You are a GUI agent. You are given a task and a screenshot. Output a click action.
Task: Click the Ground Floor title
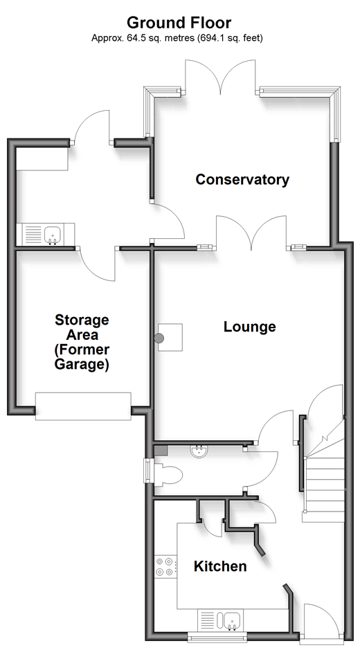pyautogui.click(x=179, y=22)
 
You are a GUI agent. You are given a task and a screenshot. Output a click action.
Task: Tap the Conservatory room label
pyautogui.click(x=242, y=179)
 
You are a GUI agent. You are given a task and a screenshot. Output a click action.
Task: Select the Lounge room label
pyautogui.click(x=250, y=327)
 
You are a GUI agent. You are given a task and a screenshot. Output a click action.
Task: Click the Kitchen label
pyautogui.click(x=220, y=566)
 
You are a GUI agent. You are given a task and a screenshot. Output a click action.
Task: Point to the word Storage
pyautogui.click(x=82, y=320)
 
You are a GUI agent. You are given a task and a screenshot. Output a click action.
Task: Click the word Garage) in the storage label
pyautogui.click(x=82, y=365)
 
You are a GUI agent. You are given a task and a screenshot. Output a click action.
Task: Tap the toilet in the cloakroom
pyautogui.click(x=168, y=473)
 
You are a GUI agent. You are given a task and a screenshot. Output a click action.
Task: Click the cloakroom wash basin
pyautogui.click(x=199, y=451)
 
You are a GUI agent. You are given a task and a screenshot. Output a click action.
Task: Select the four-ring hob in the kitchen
pyautogui.click(x=164, y=567)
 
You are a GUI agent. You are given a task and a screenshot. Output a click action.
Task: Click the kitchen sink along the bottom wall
pyautogui.click(x=220, y=620)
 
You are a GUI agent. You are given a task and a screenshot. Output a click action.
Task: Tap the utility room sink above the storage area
pyautogui.click(x=46, y=235)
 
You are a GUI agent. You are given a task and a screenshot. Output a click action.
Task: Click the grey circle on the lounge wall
pyautogui.click(x=159, y=338)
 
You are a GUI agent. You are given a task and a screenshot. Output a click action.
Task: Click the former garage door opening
pyautogui.click(x=83, y=406)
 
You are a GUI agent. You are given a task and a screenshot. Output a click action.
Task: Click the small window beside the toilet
pyautogui.click(x=147, y=471)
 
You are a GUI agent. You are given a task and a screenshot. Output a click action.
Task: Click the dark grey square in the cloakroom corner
pyautogui.click(x=161, y=451)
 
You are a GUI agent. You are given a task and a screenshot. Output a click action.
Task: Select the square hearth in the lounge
pyautogui.click(x=170, y=338)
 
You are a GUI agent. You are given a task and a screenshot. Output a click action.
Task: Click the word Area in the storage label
pyautogui.click(x=82, y=335)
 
